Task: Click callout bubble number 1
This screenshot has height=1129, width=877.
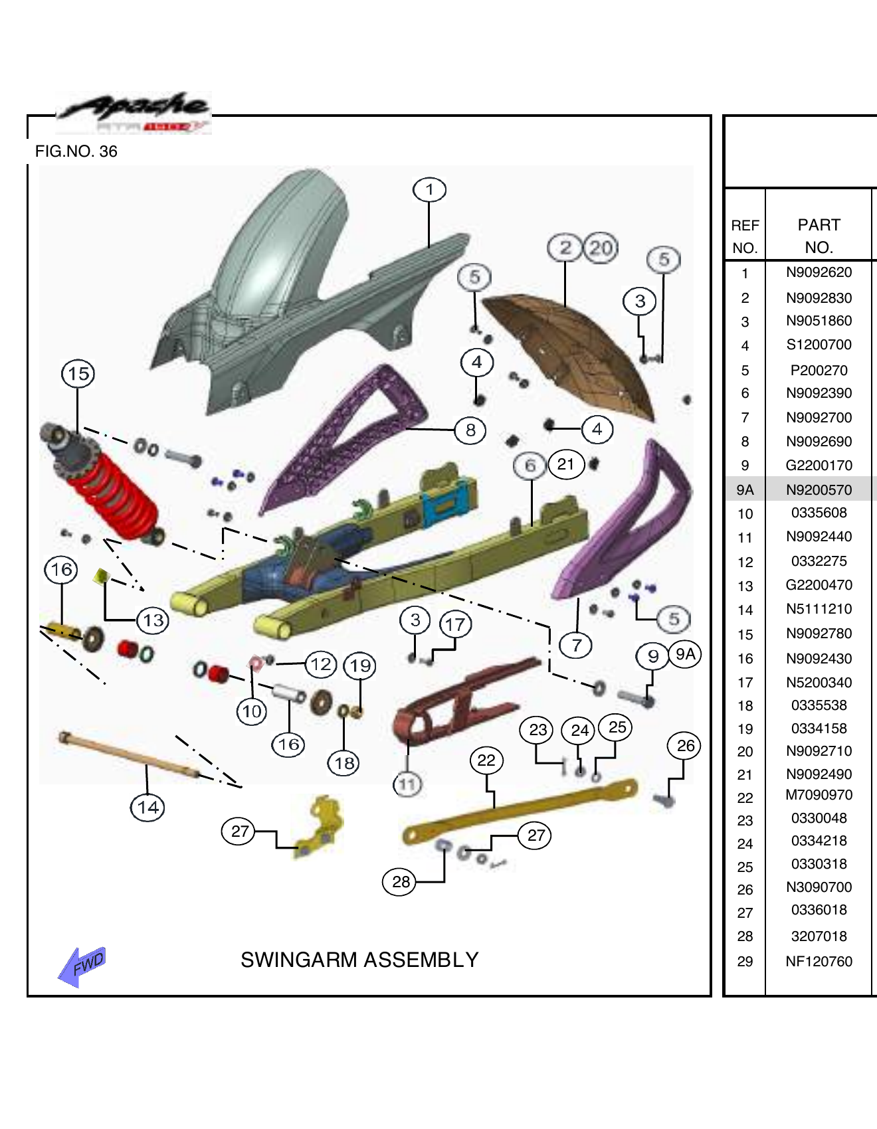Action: point(429,190)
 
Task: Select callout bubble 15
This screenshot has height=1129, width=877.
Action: point(78,374)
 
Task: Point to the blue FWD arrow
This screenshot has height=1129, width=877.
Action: point(81,966)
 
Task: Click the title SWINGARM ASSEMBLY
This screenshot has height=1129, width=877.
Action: point(359,960)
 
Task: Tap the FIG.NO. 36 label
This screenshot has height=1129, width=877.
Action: point(76,151)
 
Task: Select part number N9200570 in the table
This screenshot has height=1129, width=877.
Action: point(819,490)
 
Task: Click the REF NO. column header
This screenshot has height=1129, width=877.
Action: point(745,236)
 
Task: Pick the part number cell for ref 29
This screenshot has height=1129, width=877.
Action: point(819,962)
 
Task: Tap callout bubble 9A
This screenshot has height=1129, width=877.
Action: point(685,654)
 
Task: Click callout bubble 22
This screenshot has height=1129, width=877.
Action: point(486,760)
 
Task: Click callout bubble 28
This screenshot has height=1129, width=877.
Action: point(400,882)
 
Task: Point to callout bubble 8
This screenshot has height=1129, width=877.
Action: point(470,430)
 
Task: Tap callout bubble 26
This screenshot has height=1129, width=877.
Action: point(686,746)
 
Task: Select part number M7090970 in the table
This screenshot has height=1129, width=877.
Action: point(819,795)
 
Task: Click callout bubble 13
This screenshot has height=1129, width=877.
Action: point(153,621)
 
